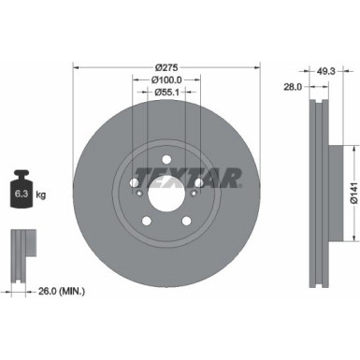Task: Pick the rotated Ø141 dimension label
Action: [x=353, y=187]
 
